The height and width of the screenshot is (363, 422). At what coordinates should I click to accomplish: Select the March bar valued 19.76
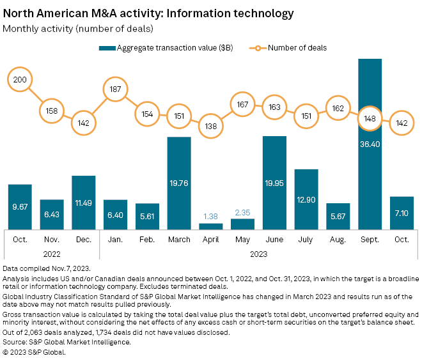click(179, 183)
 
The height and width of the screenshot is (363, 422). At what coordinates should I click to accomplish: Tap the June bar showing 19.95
click(274, 183)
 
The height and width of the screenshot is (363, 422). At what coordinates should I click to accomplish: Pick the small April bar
click(211, 226)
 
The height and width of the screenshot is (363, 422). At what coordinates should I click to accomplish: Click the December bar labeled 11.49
click(84, 202)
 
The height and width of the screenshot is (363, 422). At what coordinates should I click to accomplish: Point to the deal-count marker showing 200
click(20, 79)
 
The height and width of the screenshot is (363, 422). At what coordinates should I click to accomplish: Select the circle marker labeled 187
click(116, 89)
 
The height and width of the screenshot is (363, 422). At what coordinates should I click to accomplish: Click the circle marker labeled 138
click(211, 126)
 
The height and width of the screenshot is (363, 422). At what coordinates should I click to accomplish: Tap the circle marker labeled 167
click(243, 104)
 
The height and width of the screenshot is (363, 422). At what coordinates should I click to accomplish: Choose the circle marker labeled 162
click(338, 108)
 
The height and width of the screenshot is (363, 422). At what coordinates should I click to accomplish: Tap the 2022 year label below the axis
click(52, 254)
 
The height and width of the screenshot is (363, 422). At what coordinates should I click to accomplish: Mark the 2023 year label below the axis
click(258, 254)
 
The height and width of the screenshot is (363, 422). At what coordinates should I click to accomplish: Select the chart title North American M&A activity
click(148, 13)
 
